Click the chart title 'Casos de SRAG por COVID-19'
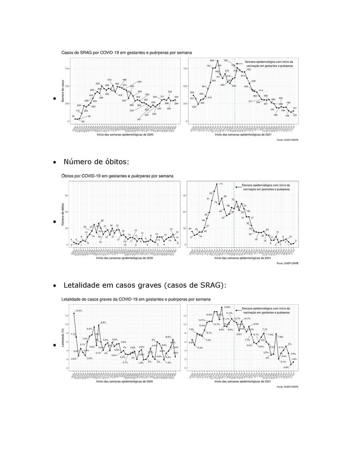point(126,53)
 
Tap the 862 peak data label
point(212,61)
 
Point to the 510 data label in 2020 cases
point(109,80)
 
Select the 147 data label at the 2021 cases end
point(294,108)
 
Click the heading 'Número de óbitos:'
point(96,162)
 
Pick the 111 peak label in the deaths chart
point(221,184)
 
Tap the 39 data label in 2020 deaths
point(102,220)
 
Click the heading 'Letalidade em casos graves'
point(145,286)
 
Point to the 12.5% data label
point(78,310)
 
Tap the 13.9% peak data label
point(227,307)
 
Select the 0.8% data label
point(286,367)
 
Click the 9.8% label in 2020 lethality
point(103,322)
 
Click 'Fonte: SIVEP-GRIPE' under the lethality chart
point(287,387)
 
